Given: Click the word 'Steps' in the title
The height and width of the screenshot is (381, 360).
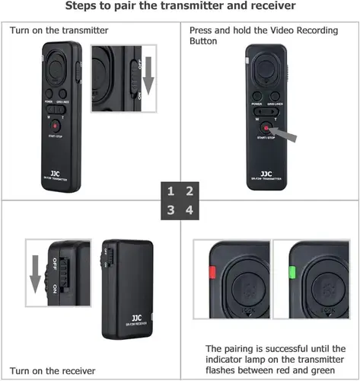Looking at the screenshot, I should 85,8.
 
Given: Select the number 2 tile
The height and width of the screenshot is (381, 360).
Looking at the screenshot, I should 189,191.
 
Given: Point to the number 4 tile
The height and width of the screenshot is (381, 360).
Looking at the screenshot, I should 189,210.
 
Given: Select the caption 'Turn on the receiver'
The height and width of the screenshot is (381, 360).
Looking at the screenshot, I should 54,371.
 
